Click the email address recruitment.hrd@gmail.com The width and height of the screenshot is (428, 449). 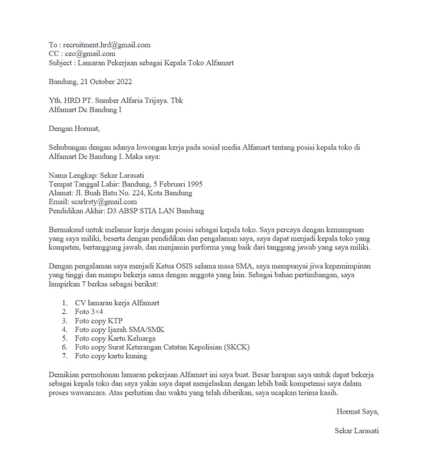(105, 45)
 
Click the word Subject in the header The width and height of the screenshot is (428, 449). (62, 63)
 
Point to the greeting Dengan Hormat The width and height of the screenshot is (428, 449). (74, 128)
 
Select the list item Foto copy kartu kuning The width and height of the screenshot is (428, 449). (110, 357)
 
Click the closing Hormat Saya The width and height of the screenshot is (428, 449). (358, 412)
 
